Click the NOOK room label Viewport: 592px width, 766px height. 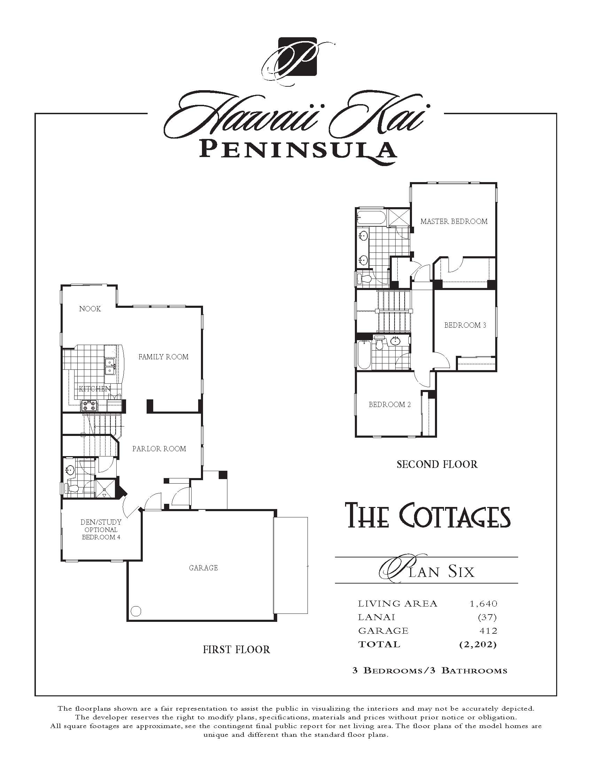click(90, 308)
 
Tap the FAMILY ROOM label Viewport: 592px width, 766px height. click(163, 357)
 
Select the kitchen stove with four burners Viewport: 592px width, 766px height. click(89, 406)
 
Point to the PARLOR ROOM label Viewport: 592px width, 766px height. click(159, 449)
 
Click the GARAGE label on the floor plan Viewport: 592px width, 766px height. click(203, 568)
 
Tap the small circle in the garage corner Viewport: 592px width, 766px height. click(136, 611)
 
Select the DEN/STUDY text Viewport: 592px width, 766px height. click(101, 522)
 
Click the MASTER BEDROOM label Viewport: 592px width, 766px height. click(454, 221)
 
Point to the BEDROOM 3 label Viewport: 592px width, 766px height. click(465, 325)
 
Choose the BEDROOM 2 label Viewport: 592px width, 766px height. click(390, 404)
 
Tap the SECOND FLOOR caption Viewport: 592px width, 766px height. click(437, 464)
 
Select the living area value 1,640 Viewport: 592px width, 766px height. click(484, 604)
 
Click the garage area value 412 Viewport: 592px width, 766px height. click(488, 631)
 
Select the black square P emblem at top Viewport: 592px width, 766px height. click(297, 56)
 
